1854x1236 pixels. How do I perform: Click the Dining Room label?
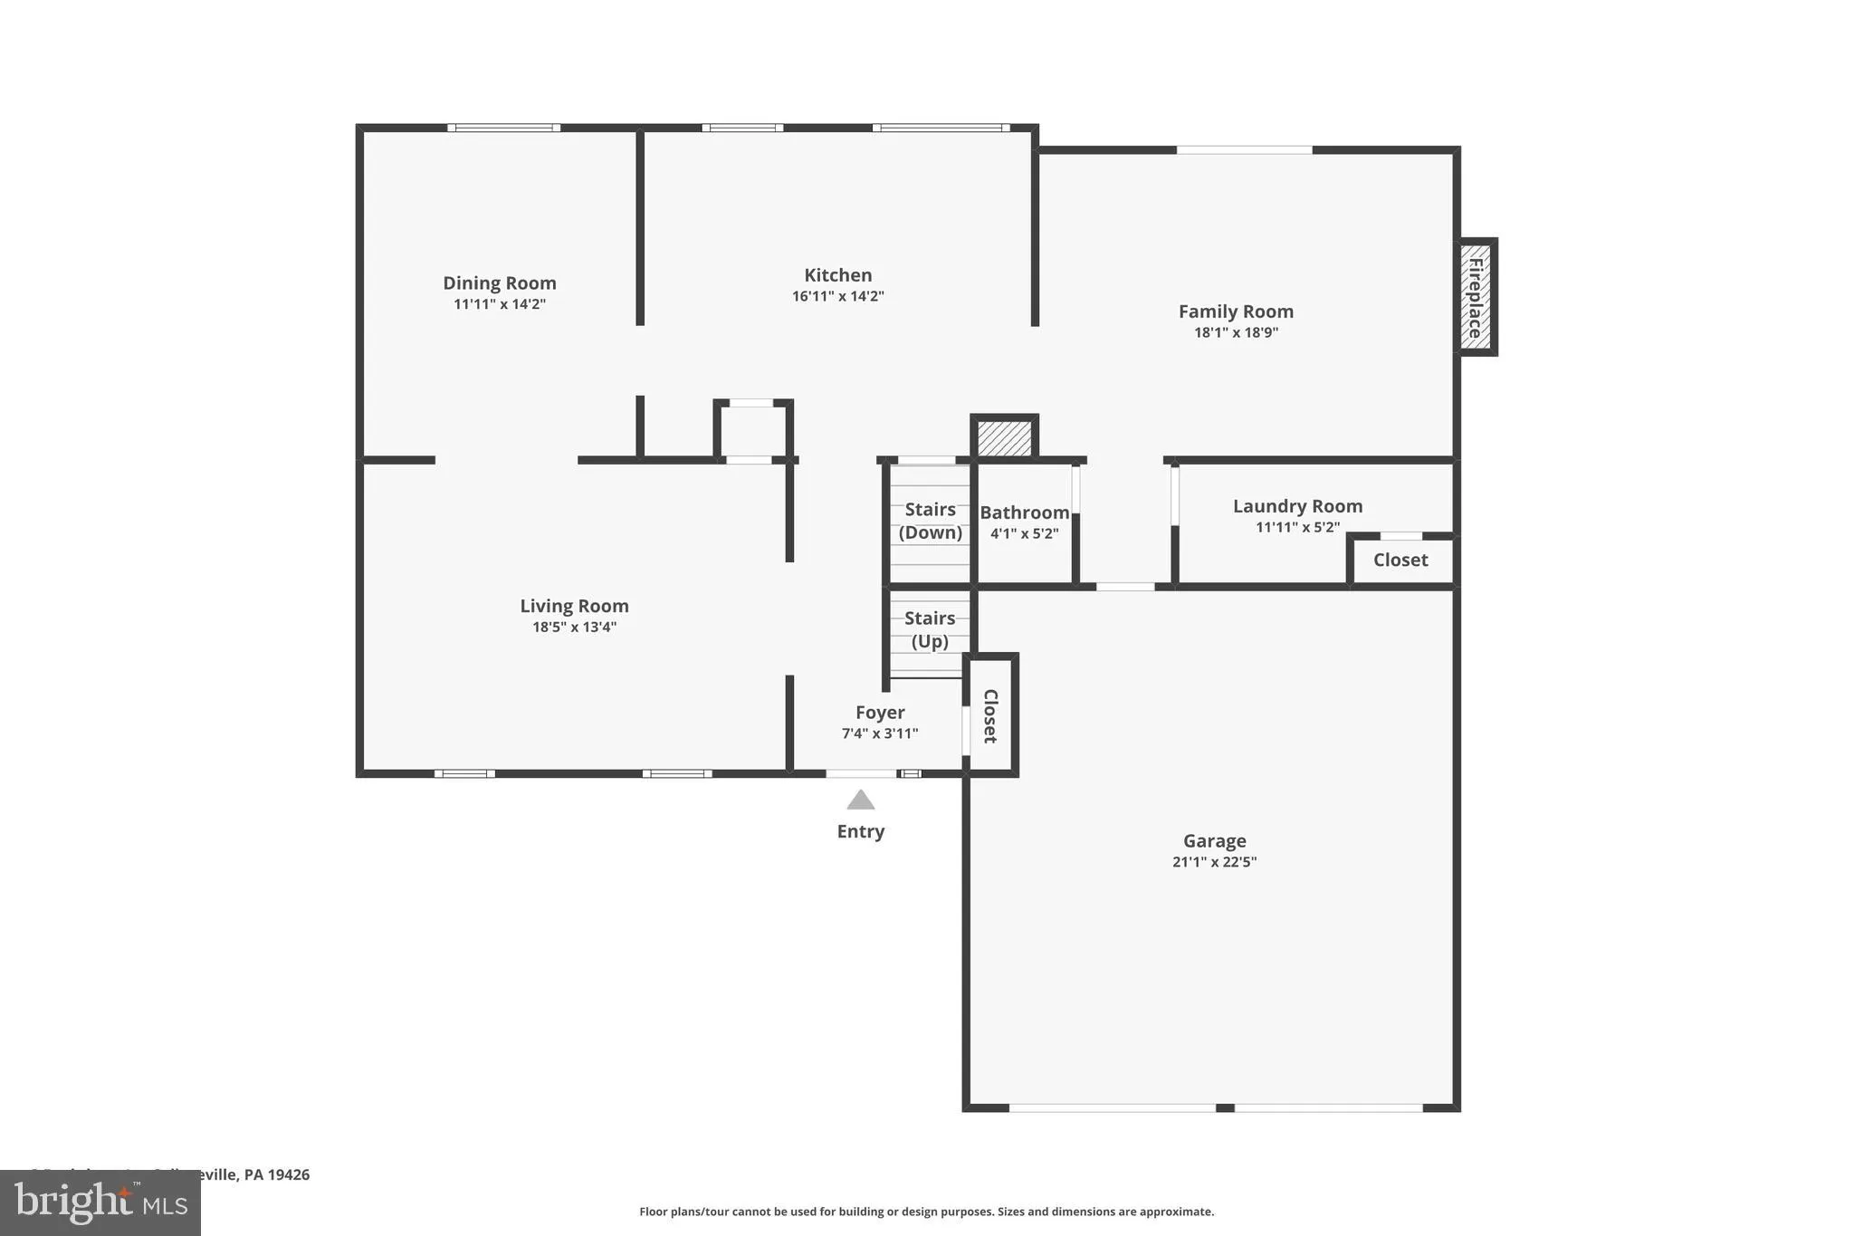[x=499, y=283]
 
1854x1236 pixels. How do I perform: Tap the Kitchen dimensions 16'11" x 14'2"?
[x=837, y=296]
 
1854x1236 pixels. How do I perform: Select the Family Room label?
[x=1236, y=311]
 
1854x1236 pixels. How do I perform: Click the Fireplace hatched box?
[x=1475, y=297]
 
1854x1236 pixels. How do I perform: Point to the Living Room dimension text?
[x=574, y=627]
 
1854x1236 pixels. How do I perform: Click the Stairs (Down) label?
[x=930, y=521]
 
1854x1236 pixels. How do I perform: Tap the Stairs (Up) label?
[x=930, y=629]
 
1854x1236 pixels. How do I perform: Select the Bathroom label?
[x=1024, y=513]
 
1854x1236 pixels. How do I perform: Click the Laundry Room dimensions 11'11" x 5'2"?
[x=1297, y=527]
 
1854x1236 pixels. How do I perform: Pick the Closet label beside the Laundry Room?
[x=1400, y=560]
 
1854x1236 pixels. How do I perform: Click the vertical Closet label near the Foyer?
[x=990, y=715]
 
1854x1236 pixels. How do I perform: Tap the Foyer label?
[x=880, y=713]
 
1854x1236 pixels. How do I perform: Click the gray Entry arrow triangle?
[x=860, y=800]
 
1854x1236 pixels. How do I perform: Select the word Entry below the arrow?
[x=860, y=831]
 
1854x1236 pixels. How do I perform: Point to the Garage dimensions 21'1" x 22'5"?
[x=1214, y=862]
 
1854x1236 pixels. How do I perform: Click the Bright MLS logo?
[x=100, y=1202]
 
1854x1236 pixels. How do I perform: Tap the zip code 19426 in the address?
[x=290, y=1174]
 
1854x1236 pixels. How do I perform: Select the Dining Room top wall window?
[x=503, y=128]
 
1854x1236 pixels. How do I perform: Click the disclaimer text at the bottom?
[x=926, y=1212]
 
